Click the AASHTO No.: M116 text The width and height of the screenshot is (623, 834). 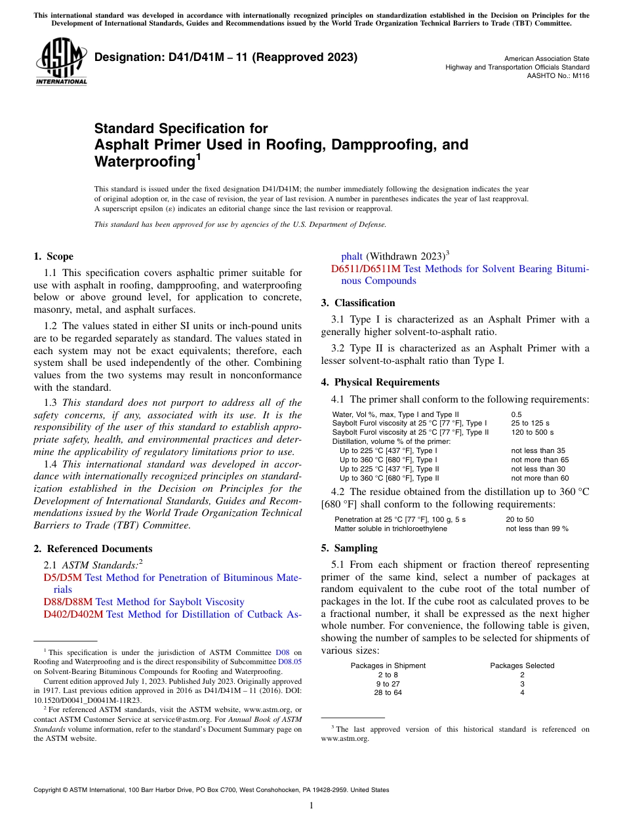tap(558, 76)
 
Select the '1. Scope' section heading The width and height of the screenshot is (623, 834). tap(53, 256)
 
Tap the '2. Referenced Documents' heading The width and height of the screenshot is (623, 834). tap(92, 549)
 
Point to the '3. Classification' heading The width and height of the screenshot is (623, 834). tap(358, 303)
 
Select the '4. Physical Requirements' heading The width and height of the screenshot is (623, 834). tap(380, 382)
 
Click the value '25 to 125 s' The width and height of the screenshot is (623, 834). tap(530, 424)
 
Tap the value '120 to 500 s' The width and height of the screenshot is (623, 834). tap(532, 432)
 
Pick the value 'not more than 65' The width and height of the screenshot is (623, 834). tap(540, 460)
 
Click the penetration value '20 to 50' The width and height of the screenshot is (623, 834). tap(519, 519)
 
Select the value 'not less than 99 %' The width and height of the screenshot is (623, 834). tap(536, 528)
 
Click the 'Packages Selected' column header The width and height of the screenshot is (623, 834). tap(522, 665)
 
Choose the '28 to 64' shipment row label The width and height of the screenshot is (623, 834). tap(388, 692)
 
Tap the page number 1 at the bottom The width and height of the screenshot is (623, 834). tap(311, 806)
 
